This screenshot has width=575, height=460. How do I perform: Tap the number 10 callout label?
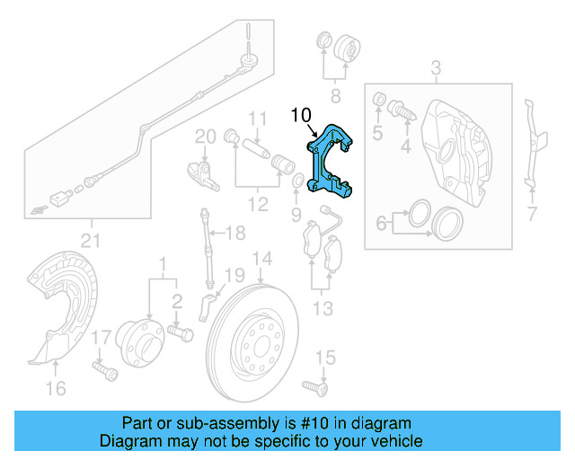[x=300, y=115]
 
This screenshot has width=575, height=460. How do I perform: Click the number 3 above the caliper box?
[x=436, y=68]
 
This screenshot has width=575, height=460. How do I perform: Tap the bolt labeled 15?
[x=316, y=387]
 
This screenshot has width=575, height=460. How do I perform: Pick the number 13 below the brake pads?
[x=323, y=309]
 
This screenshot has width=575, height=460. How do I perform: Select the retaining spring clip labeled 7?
[x=535, y=144]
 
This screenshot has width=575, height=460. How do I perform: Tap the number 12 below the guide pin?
[x=258, y=205]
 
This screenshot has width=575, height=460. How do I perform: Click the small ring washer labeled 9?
[x=296, y=184]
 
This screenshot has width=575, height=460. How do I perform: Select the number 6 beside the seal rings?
[x=382, y=222]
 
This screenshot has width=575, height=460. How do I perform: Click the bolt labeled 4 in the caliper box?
[x=402, y=113]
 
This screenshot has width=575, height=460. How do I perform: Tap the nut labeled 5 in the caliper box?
[x=378, y=98]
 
